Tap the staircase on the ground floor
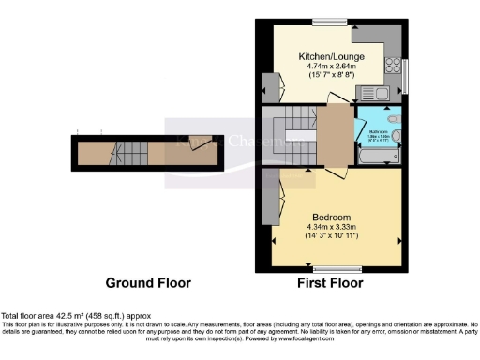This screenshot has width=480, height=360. [126, 151]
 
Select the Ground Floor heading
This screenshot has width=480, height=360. [148, 282]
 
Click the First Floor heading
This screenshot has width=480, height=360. [328, 282]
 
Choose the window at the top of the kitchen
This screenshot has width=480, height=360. [329, 21]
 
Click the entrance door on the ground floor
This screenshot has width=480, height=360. [199, 142]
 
